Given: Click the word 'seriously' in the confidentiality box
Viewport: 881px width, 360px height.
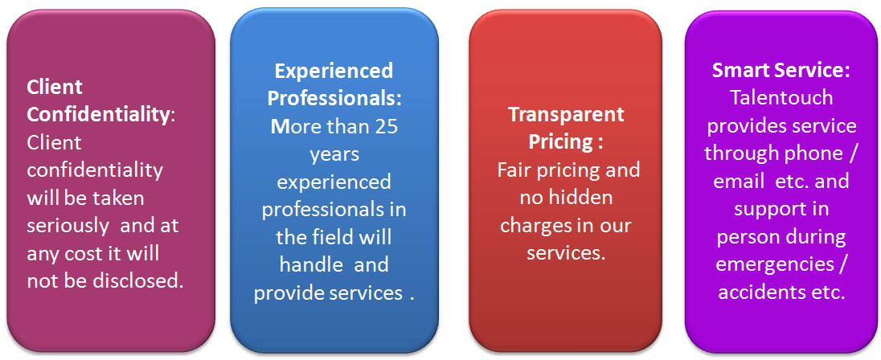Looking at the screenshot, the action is coord(68,226).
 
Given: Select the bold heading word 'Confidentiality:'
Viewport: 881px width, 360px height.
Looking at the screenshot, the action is coord(102,115).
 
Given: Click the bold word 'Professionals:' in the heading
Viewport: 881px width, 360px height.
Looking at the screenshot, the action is coord(335,99).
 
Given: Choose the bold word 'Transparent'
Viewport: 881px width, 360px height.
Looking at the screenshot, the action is coord(567,115).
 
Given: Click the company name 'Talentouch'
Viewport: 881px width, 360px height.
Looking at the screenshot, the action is coord(781,98).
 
